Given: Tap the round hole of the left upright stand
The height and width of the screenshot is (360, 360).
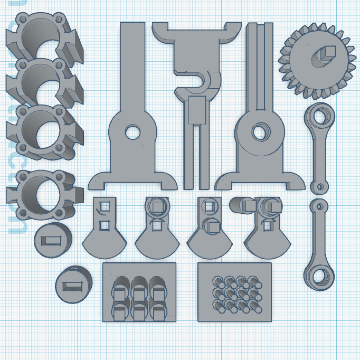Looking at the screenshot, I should [132, 131].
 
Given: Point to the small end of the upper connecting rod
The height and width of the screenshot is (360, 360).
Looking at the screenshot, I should [318, 187].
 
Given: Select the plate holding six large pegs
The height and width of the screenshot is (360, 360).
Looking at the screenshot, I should [139, 292].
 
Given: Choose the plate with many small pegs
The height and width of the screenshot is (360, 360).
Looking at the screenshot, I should [235, 292].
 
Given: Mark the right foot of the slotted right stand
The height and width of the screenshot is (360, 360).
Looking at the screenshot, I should [295, 182].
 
